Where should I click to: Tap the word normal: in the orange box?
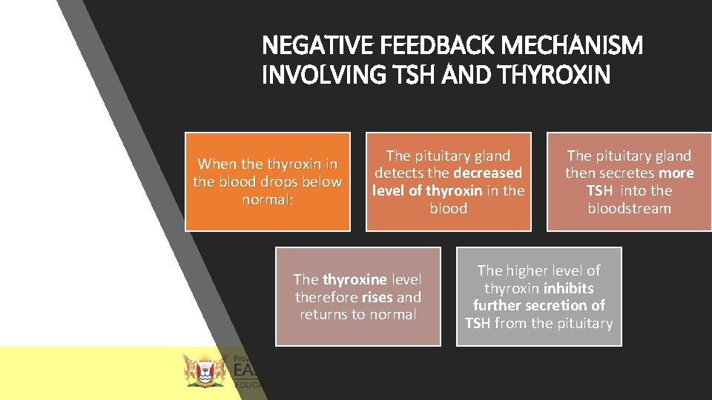pos(268,199)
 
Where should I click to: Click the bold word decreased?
pos(488,173)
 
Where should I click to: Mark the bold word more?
pos(676,173)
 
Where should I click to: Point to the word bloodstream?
pos(629,208)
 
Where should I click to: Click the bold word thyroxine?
pos(355,279)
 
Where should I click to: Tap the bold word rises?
pos(378,297)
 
